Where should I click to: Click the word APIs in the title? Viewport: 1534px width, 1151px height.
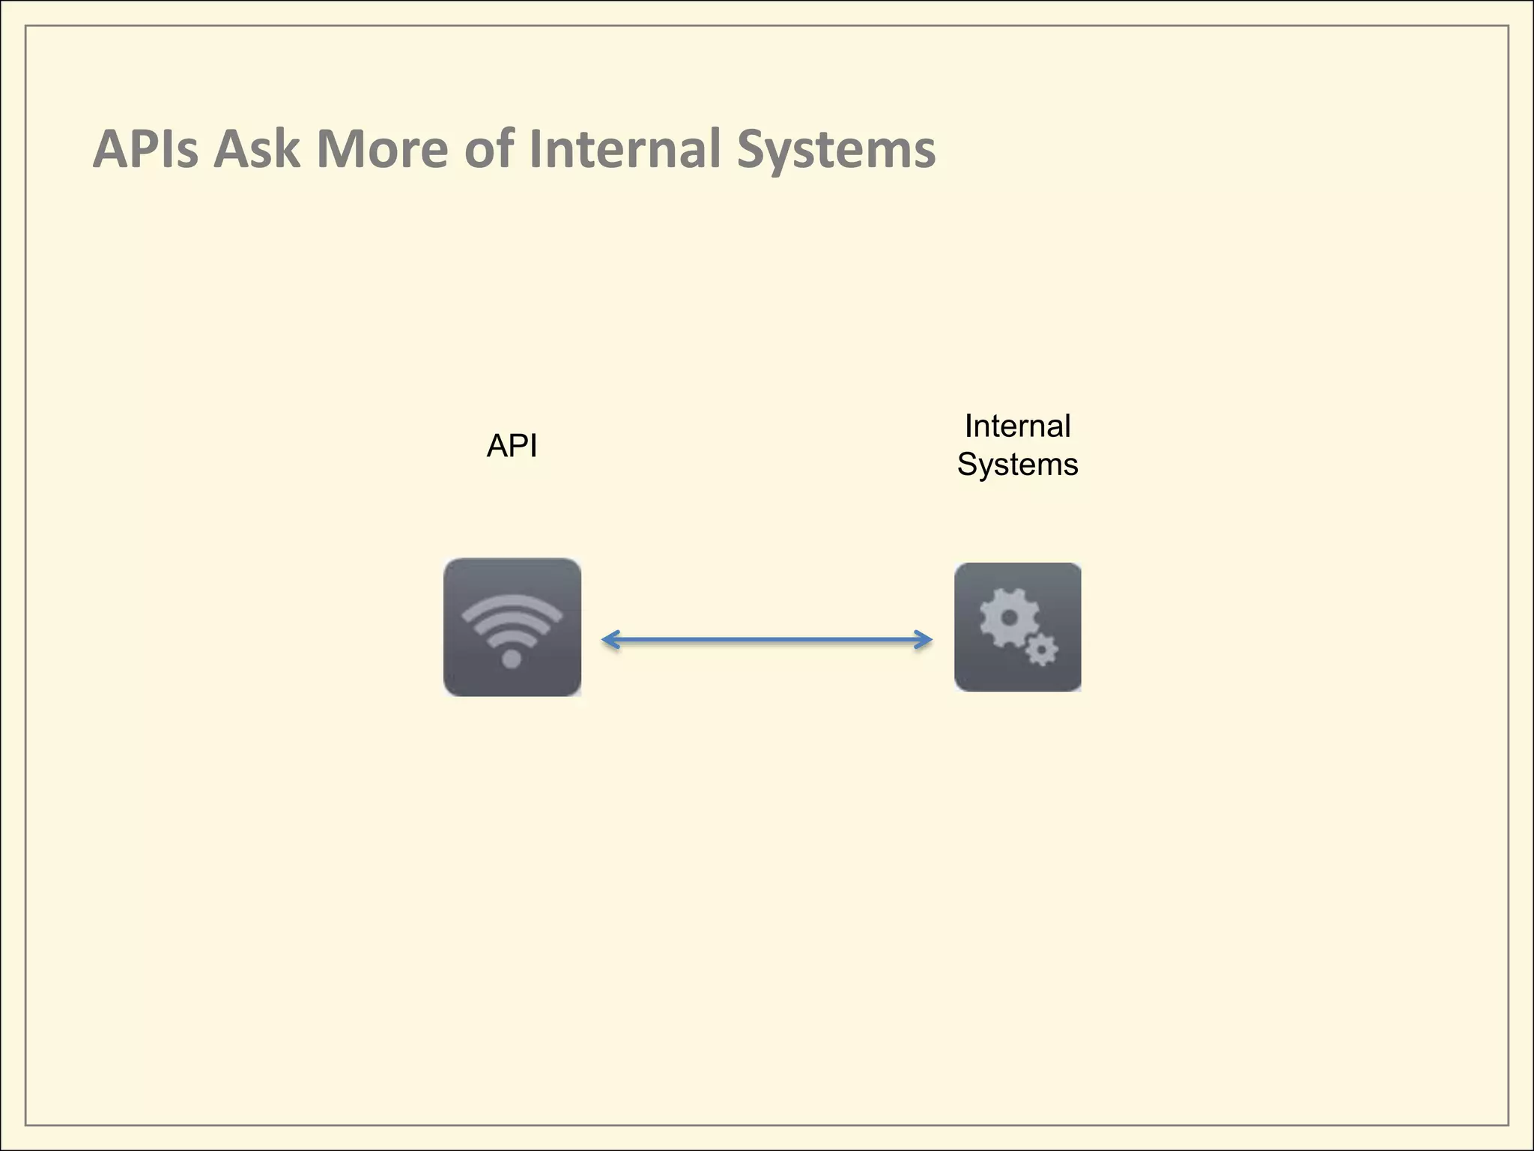pyautogui.click(x=145, y=149)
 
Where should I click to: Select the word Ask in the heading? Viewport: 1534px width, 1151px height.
pyautogui.click(x=256, y=149)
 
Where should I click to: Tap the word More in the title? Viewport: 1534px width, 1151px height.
pyautogui.click(x=382, y=149)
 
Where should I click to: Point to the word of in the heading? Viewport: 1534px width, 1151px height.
pyautogui.click(x=489, y=149)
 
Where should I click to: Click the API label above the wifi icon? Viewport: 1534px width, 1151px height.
pyautogui.click(x=512, y=446)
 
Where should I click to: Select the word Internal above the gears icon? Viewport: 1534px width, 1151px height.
pyautogui.click(x=1017, y=426)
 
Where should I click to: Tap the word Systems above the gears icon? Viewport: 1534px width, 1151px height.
pyautogui.click(x=1017, y=465)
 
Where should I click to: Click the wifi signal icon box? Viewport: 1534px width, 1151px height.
pyautogui.click(x=512, y=627)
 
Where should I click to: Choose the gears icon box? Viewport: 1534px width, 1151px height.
pyautogui.click(x=1017, y=627)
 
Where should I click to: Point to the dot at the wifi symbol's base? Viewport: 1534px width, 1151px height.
pyautogui.click(x=512, y=659)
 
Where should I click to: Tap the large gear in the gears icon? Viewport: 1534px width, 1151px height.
pyautogui.click(x=1009, y=618)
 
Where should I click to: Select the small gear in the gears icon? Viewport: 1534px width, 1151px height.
pyautogui.click(x=1041, y=650)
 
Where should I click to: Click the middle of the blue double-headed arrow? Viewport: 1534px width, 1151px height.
pyautogui.click(x=767, y=640)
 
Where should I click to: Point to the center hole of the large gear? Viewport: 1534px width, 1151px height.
pyautogui.click(x=1009, y=618)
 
